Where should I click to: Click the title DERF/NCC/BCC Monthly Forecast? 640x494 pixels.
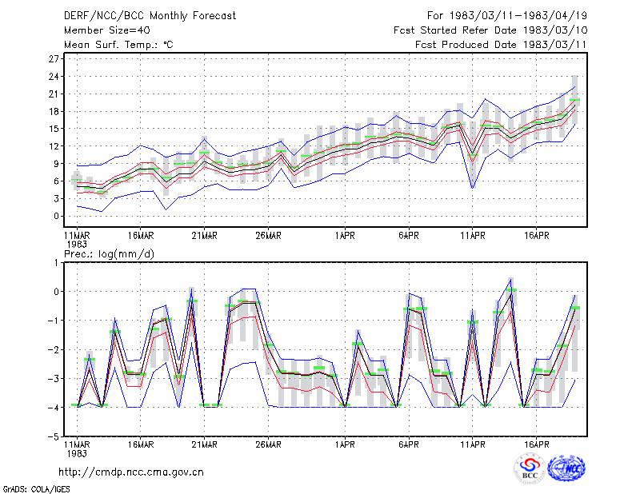pyautogui.click(x=150, y=16)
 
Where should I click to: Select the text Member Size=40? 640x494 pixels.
pyautogui.click(x=107, y=30)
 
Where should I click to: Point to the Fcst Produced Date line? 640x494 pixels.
pyautogui.click(x=501, y=45)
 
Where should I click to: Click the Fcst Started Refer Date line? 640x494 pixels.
pyautogui.click(x=490, y=30)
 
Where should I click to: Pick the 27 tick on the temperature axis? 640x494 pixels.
pyautogui.click(x=54, y=59)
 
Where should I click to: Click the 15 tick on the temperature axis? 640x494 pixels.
pyautogui.click(x=54, y=129)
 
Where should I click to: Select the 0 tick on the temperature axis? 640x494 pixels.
pyautogui.click(x=56, y=216)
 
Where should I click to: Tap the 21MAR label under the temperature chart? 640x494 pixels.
pyautogui.click(x=205, y=236)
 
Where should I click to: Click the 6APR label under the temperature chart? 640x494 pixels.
pyautogui.click(x=409, y=236)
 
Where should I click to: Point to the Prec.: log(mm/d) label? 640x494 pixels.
pyautogui.click(x=109, y=254)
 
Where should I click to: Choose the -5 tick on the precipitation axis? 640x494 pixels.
pyautogui.click(x=54, y=436)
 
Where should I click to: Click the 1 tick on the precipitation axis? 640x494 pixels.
pyautogui.click(x=56, y=263)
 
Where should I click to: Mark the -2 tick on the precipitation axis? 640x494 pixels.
pyautogui.click(x=54, y=349)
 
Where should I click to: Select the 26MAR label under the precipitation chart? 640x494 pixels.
pyautogui.click(x=268, y=444)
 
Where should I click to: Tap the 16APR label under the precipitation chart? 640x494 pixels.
pyautogui.click(x=536, y=444)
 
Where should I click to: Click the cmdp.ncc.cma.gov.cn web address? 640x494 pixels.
pyautogui.click(x=131, y=472)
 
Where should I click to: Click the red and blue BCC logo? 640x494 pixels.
pyautogui.click(x=530, y=468)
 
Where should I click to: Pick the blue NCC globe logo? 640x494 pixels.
pyautogui.click(x=566, y=468)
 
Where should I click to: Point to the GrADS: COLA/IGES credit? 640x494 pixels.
pyautogui.click(x=36, y=489)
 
